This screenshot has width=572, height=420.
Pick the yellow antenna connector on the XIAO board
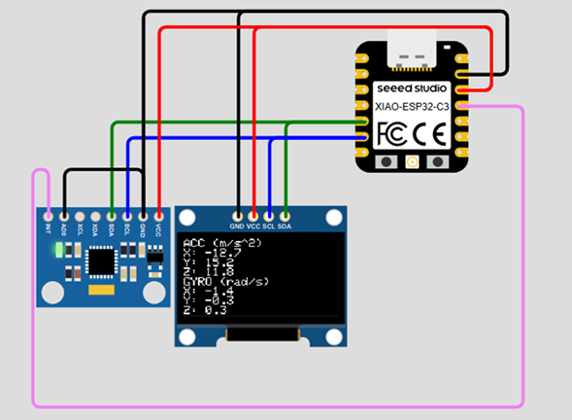412,161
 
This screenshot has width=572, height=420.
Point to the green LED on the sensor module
59,250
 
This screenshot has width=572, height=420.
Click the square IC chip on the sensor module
100,261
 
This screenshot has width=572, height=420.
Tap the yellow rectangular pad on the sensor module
101,290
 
